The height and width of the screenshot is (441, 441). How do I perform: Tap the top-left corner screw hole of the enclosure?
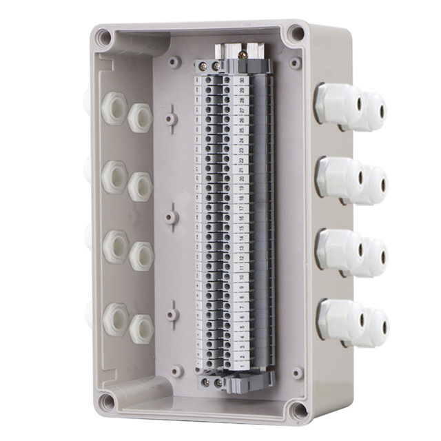(x=103, y=37)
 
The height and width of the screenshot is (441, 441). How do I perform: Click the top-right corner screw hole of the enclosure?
(x=296, y=32)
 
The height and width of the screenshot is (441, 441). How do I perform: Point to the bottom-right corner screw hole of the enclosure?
(x=298, y=411)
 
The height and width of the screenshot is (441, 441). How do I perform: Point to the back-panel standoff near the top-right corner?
(x=296, y=63)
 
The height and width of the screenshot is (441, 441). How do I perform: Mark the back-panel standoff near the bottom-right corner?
(x=296, y=373)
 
